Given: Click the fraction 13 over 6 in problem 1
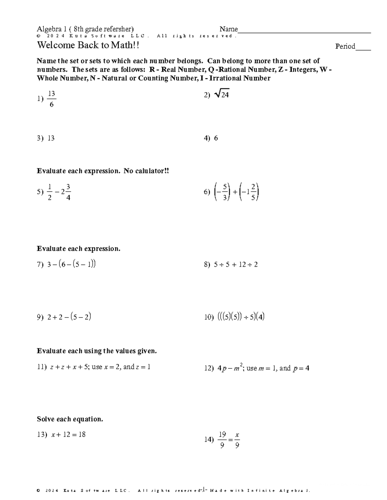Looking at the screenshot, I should (51, 99).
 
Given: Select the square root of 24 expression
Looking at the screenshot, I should (222, 94).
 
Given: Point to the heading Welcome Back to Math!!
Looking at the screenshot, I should (88, 45).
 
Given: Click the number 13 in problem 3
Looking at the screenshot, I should (51, 138).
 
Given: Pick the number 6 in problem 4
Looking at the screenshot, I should (216, 138).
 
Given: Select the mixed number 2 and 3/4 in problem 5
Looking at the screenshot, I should (66, 192).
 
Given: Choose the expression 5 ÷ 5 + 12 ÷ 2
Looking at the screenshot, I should (235, 265).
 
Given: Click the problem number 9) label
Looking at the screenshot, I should (40, 317).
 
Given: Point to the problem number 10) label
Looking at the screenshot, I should (209, 317).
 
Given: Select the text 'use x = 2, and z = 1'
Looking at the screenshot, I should (121, 367).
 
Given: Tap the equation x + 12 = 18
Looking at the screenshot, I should (68, 435).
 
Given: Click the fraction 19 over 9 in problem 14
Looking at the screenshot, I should (222, 440).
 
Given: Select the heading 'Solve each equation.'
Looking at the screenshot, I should (70, 419).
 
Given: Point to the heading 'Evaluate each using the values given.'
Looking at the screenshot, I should (97, 351).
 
